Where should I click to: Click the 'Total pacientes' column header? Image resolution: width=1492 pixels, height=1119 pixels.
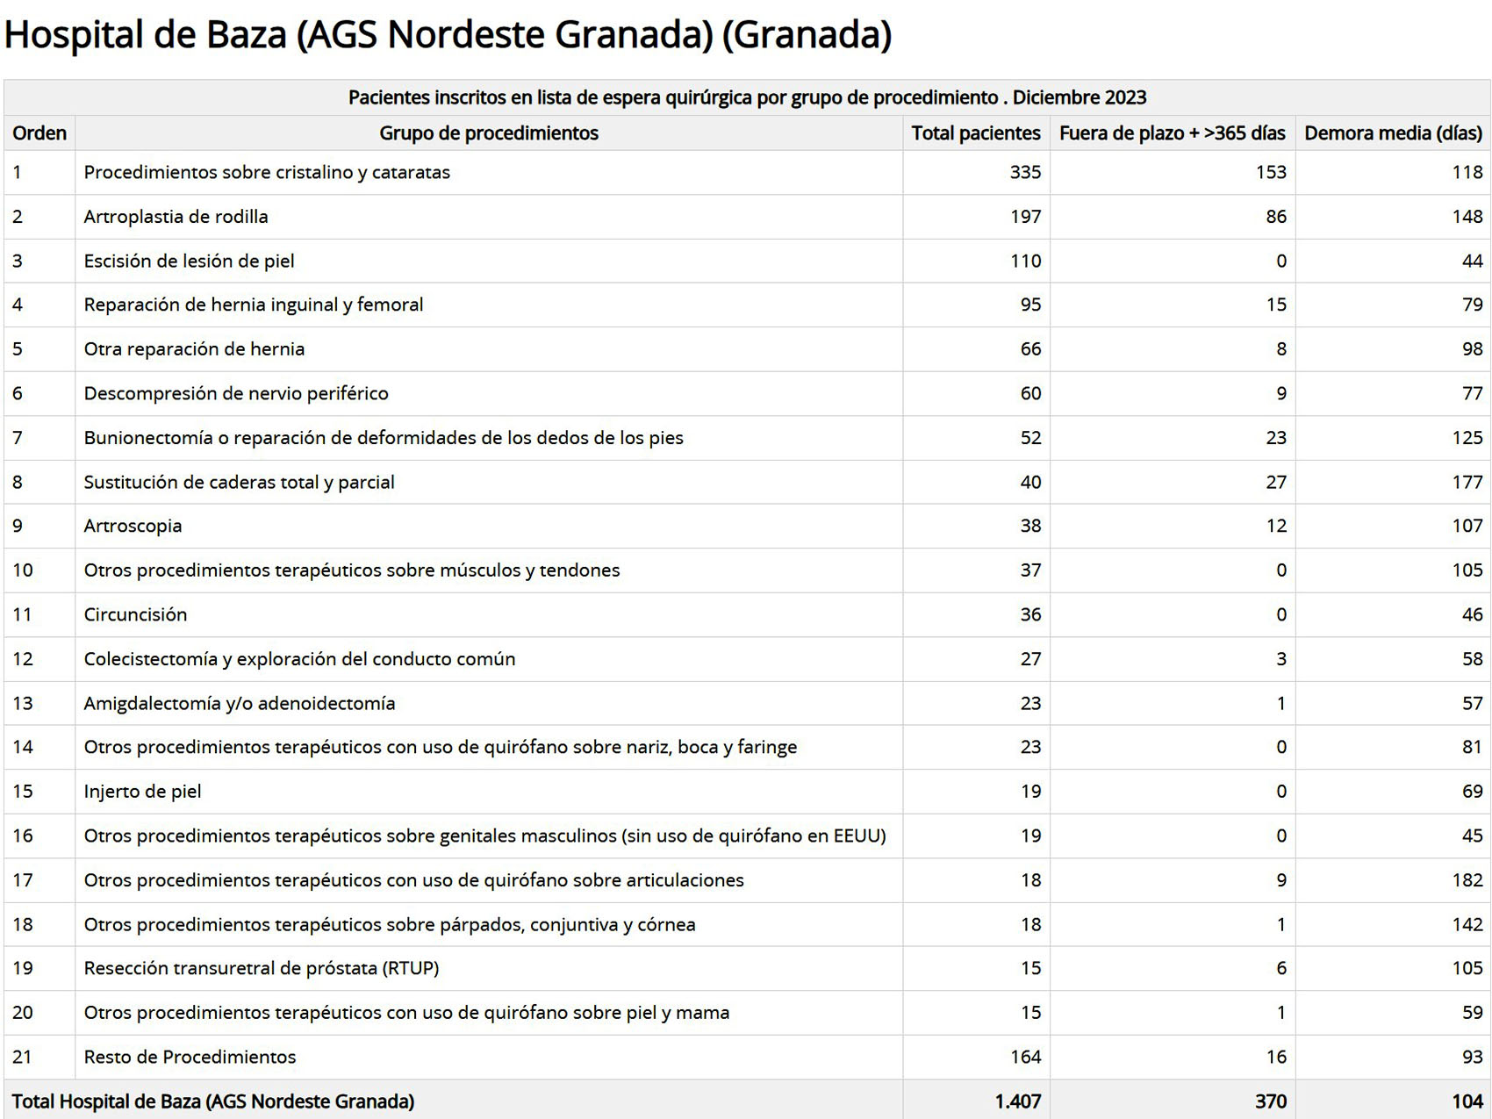click(975, 133)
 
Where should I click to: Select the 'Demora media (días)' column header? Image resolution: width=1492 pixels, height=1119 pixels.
click(1393, 133)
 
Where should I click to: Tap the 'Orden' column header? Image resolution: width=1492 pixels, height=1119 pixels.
click(39, 133)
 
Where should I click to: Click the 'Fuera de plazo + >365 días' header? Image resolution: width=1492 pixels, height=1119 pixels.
click(1172, 133)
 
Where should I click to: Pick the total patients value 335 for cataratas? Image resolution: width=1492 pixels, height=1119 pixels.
click(1025, 172)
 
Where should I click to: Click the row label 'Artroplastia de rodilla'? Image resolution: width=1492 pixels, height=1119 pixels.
click(176, 217)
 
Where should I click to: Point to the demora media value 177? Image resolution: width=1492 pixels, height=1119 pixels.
click(1467, 482)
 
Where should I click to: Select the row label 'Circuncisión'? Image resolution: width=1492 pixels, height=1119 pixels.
click(135, 614)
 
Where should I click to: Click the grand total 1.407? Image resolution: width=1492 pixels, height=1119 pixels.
click(1017, 1101)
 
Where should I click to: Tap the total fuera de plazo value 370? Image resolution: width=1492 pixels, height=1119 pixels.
click(1270, 1101)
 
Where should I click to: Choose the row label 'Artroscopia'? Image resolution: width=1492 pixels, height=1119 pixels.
click(133, 526)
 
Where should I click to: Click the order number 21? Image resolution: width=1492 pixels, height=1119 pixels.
click(22, 1057)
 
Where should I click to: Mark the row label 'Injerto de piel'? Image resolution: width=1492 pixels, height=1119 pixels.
click(142, 792)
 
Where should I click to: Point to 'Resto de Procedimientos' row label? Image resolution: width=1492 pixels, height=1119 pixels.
click(190, 1057)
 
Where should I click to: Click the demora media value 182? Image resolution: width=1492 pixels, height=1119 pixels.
click(1467, 880)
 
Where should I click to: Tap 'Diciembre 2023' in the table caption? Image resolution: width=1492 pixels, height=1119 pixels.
click(1080, 97)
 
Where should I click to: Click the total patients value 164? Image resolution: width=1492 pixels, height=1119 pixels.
click(1025, 1057)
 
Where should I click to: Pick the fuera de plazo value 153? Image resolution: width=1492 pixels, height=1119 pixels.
click(1270, 172)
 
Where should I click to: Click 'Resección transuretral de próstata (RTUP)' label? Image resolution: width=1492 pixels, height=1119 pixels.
click(261, 968)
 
